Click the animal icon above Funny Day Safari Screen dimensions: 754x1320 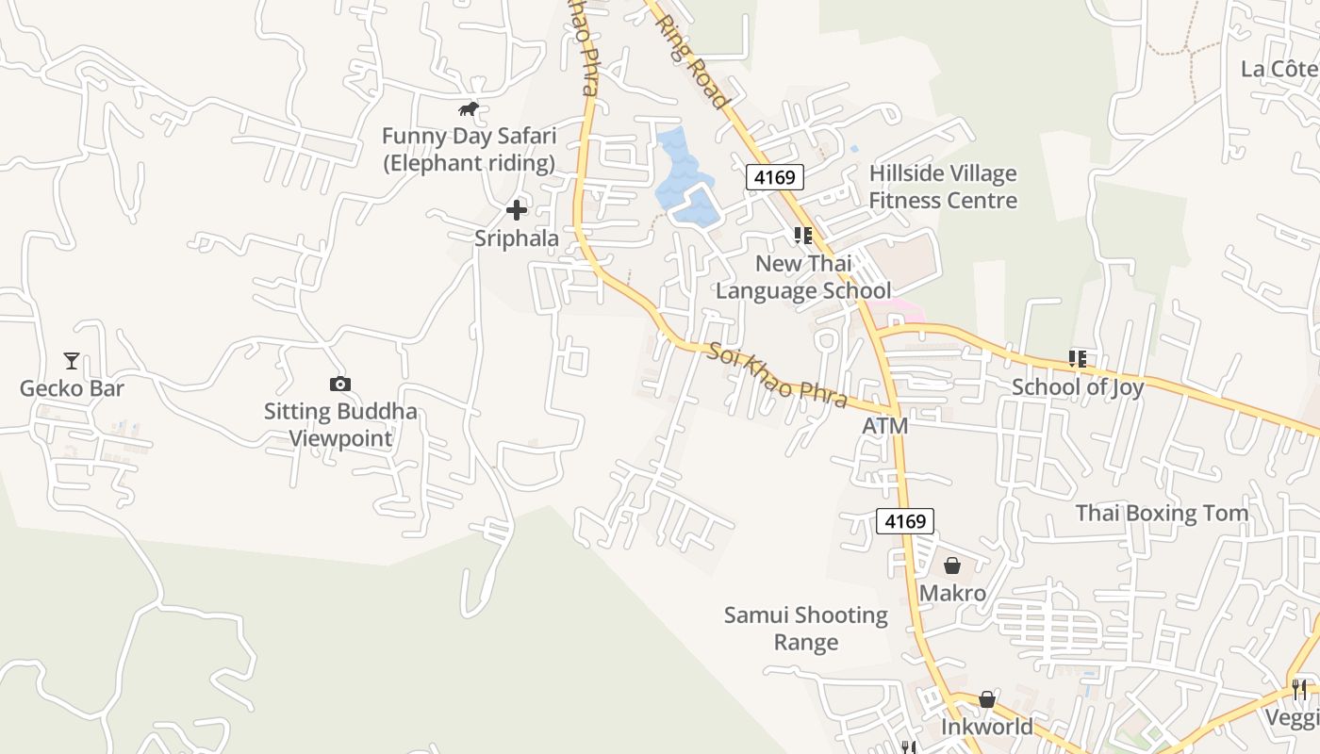[469, 109]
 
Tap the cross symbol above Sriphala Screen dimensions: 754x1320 [517, 210]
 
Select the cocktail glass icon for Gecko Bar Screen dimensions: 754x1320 [71, 360]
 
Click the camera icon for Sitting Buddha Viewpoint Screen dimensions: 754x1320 [339, 384]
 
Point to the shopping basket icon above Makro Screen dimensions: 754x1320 [952, 565]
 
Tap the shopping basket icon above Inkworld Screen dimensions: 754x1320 [986, 699]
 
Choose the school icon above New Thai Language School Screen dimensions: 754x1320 [803, 235]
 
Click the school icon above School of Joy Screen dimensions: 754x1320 [1078, 358]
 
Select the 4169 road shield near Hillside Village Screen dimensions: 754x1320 [775, 176]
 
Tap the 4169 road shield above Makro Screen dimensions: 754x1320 [905, 520]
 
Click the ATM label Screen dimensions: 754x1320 [885, 426]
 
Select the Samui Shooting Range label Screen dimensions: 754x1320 [806, 629]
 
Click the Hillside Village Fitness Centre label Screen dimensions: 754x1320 [943, 187]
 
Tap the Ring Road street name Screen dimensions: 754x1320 [692, 61]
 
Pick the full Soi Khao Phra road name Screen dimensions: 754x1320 [777, 374]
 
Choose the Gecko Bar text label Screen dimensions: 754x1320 [72, 388]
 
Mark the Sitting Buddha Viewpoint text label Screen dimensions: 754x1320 [339, 425]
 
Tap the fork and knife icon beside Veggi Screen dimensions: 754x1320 [1300, 689]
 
